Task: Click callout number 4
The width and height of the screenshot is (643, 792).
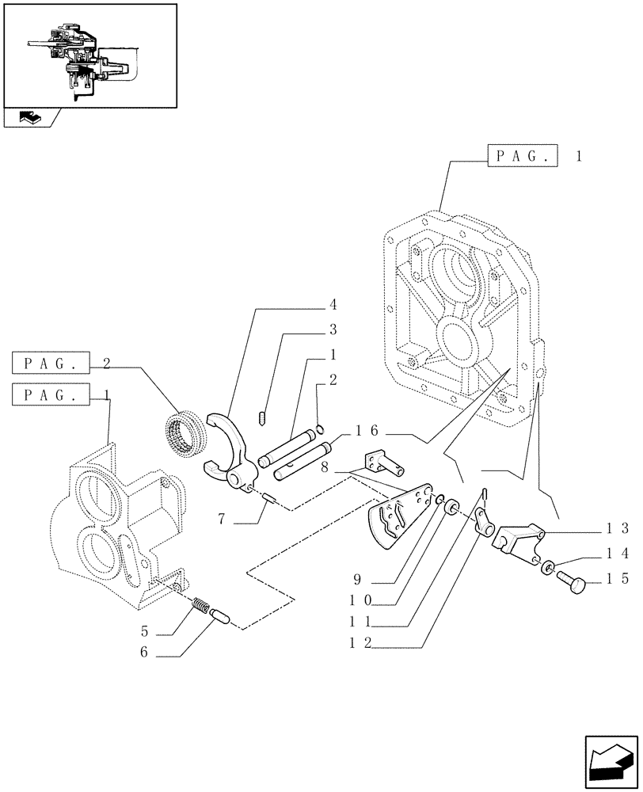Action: pyautogui.click(x=333, y=304)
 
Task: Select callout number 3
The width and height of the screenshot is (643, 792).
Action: pyautogui.click(x=333, y=329)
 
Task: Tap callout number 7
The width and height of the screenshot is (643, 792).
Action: pyautogui.click(x=222, y=520)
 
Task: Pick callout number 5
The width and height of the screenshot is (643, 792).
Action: pyautogui.click(x=145, y=633)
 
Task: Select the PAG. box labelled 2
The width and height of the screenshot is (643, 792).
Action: pyautogui.click(x=52, y=364)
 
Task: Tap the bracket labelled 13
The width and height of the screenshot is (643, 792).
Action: pyautogui.click(x=519, y=543)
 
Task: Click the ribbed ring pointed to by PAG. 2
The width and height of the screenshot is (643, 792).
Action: pyautogui.click(x=187, y=433)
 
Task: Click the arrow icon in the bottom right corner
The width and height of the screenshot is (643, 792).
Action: pyautogui.click(x=610, y=757)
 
